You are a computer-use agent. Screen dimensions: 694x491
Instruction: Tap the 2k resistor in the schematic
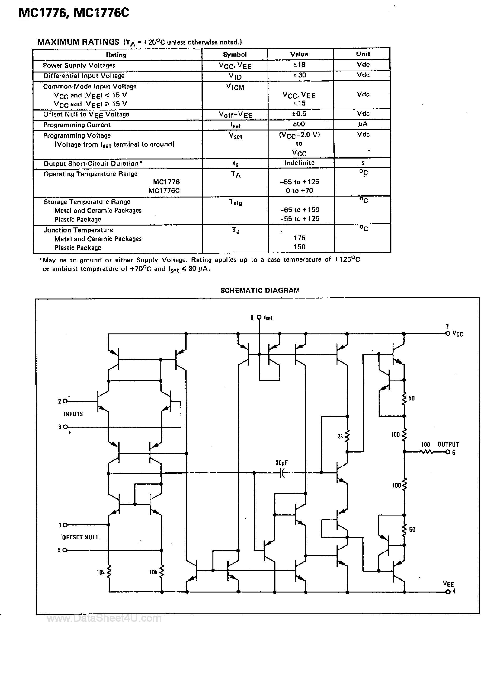347,436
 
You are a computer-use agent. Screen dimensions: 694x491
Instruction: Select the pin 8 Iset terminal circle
259,317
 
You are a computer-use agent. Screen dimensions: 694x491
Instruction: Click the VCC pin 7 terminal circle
448,333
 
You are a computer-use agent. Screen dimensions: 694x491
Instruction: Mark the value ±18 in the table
299,65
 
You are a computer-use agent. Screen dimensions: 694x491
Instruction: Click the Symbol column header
235,54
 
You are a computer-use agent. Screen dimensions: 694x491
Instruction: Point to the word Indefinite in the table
299,163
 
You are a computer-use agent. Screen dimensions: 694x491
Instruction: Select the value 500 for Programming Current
299,124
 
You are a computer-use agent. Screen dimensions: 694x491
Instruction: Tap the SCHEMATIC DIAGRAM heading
260,290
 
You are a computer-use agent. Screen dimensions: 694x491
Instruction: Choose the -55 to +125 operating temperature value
299,182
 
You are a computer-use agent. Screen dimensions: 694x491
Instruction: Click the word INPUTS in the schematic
73,414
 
